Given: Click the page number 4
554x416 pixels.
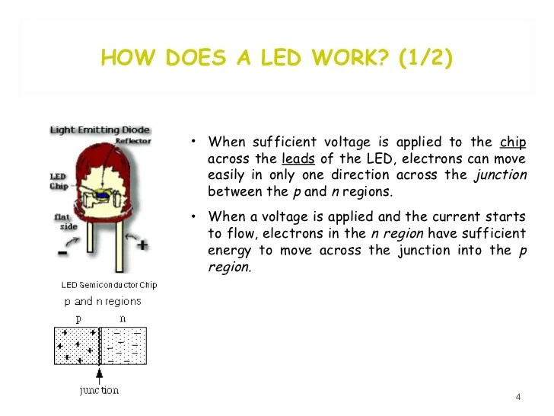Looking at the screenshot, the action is click(518, 397).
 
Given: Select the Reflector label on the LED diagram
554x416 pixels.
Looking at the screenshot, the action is click(132, 141).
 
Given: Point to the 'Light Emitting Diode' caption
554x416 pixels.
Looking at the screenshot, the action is click(100, 130).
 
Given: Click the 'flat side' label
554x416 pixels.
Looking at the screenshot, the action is click(64, 222).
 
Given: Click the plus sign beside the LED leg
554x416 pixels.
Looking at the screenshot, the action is click(142, 246).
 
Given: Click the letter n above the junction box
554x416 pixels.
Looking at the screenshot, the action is click(123, 319).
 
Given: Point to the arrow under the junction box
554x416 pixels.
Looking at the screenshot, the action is click(100, 374).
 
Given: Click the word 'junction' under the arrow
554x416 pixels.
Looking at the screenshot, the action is click(100, 390).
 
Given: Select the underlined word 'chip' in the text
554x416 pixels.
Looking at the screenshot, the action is click(513, 142).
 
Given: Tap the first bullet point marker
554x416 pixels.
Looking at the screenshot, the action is click(195, 142).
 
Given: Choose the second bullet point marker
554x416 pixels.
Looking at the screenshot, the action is click(195, 216).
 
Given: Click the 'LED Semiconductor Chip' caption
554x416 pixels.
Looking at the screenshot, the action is click(109, 285).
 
